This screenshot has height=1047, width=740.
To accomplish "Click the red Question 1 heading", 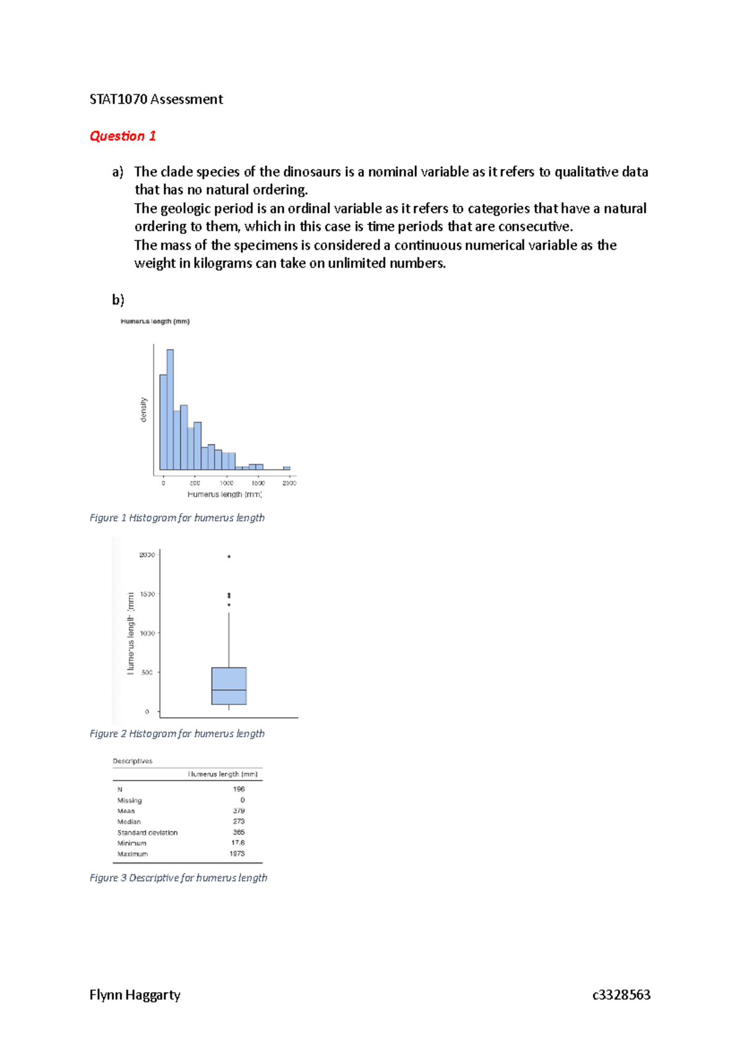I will tap(123, 136).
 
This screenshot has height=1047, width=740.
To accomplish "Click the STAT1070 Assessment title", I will tap(156, 99).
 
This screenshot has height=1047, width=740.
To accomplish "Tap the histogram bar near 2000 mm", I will tap(286, 468).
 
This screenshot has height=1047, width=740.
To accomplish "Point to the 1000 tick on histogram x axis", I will tap(226, 483).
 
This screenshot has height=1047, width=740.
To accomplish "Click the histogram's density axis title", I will tap(144, 409).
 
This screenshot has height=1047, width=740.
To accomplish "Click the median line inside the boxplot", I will tap(229, 690).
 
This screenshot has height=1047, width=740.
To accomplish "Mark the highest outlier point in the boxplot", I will tap(229, 556).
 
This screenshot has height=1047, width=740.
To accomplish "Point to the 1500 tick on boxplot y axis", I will tap(147, 594).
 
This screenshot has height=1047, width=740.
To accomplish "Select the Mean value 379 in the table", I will tap(239, 811).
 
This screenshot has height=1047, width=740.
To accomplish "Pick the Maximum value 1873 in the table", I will tap(237, 854).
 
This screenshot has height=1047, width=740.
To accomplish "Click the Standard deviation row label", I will tap(147, 832).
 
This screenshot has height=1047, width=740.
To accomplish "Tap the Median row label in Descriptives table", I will tap(129, 822).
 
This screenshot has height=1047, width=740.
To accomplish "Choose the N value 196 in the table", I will tap(239, 789).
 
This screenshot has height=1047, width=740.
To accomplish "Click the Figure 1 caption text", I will tap(177, 518).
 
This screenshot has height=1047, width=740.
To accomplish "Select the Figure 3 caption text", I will tap(178, 878).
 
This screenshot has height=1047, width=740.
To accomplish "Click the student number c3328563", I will tap(621, 995).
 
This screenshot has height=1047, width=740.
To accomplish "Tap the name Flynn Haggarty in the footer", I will tap(135, 995).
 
